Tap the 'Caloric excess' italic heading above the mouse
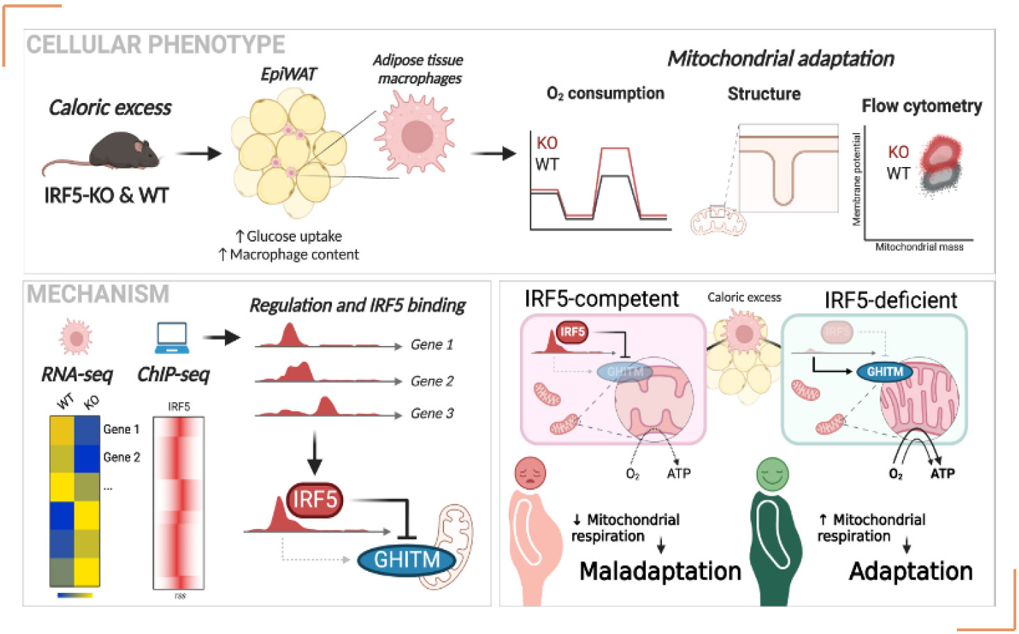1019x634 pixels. (x=110, y=107)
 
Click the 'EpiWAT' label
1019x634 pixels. (x=288, y=74)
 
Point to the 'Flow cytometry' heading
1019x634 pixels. (x=921, y=106)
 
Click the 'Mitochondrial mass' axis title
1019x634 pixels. (x=919, y=247)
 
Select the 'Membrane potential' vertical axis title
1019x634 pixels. (x=857, y=179)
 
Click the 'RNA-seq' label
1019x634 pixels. (x=77, y=374)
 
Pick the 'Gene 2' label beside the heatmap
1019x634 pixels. (x=122, y=457)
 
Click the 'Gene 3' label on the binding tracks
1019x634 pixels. (x=432, y=413)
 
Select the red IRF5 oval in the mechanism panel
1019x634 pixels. (x=315, y=500)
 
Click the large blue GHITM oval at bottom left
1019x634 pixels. (x=407, y=559)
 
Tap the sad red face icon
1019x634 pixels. (x=530, y=473)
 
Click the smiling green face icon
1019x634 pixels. (x=772, y=473)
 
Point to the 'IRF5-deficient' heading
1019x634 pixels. (x=890, y=300)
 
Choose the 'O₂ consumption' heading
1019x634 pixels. (x=605, y=93)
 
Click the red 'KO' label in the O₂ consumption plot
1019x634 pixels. (x=546, y=143)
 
